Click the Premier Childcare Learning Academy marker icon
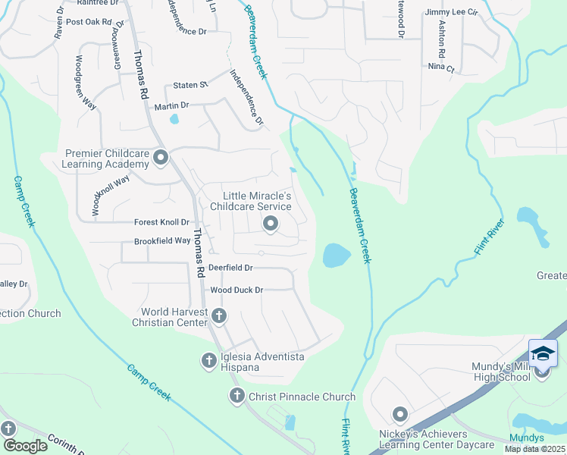(160, 158)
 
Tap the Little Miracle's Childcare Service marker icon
(271, 224)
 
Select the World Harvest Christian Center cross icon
(218, 315)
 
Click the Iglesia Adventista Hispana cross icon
(209, 361)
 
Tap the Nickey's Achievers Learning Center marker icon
(399, 414)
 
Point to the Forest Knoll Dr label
(161, 222)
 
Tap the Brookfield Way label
(162, 240)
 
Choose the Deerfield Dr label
(230, 268)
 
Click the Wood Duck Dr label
(237, 290)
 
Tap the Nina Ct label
(440, 67)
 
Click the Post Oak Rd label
(89, 22)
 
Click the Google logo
(25, 446)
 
